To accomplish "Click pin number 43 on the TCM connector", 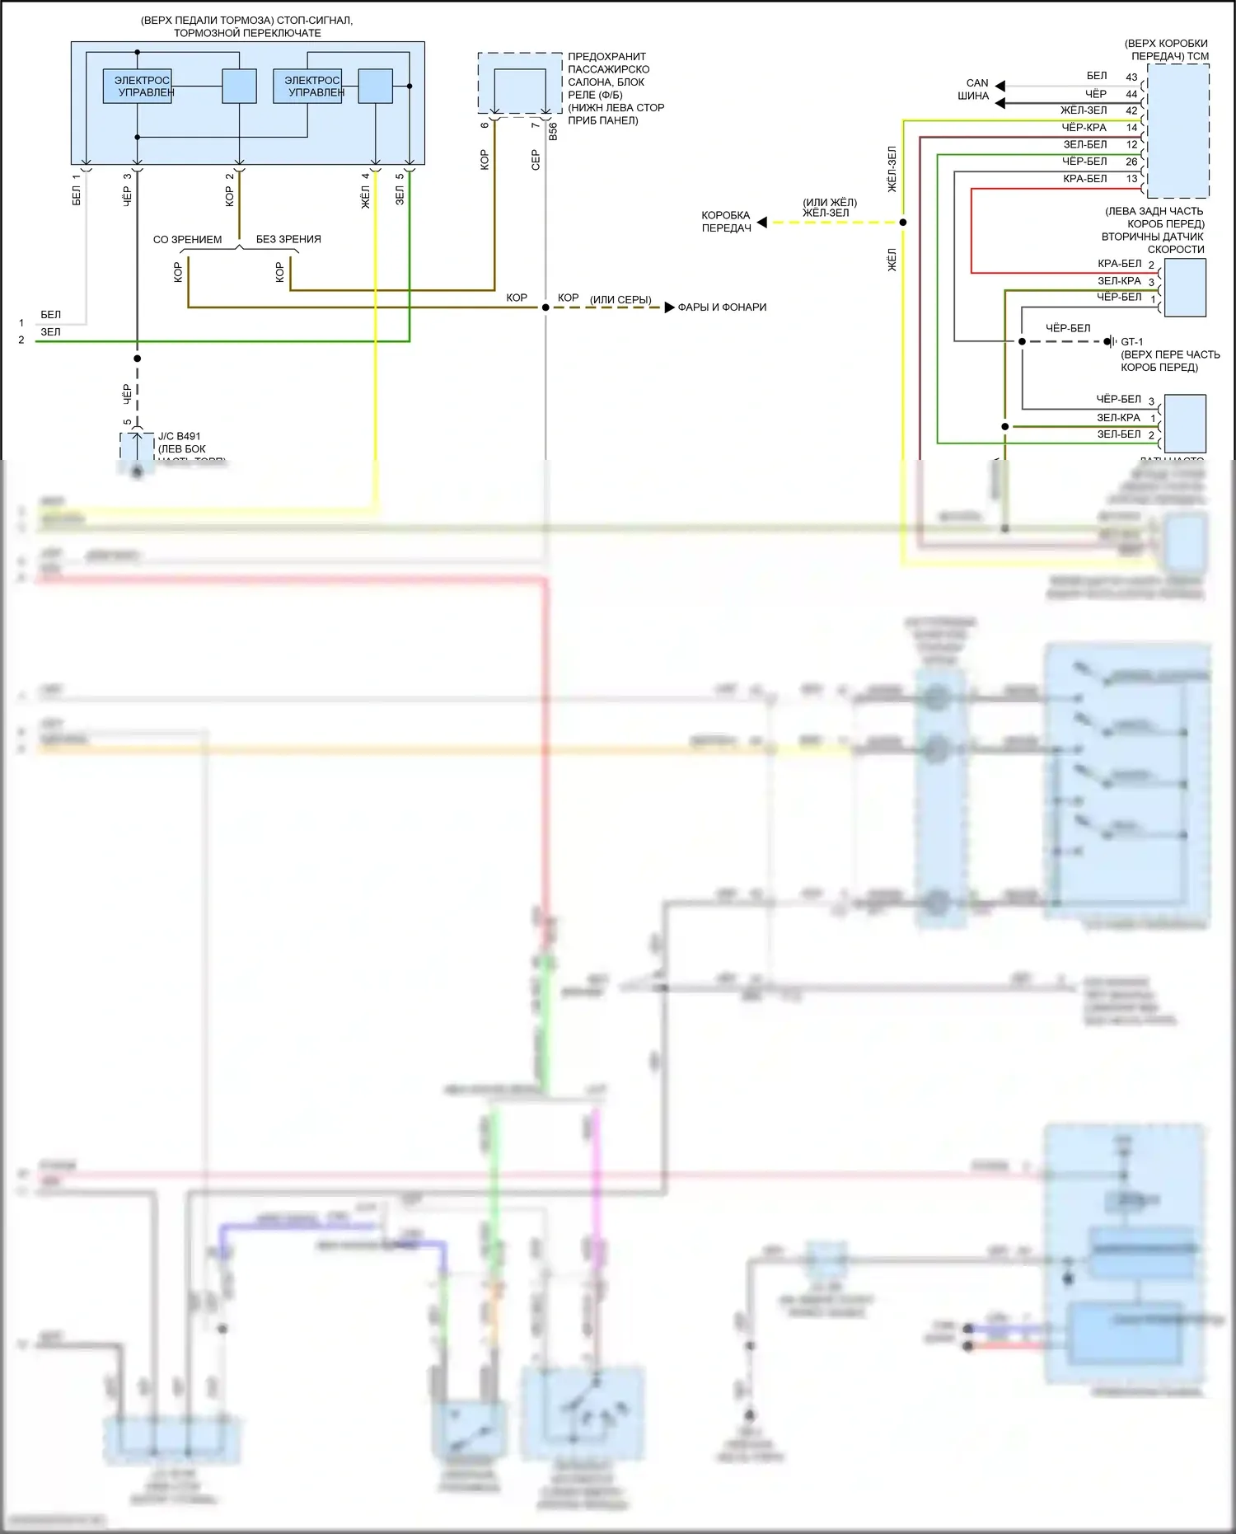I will pyautogui.click(x=1131, y=77).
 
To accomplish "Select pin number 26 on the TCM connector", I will pyautogui.click(x=1131, y=162).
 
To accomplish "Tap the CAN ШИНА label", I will pyautogui.click(x=976, y=89).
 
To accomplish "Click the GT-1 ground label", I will pyautogui.click(x=1131, y=341).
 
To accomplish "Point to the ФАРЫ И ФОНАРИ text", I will pyautogui.click(x=722, y=307).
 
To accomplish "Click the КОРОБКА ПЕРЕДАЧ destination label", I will pyautogui.click(x=726, y=222).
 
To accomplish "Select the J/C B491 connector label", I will pyautogui.click(x=179, y=436).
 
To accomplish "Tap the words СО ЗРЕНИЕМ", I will pyautogui.click(x=187, y=240).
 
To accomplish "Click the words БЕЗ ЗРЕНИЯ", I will pyautogui.click(x=288, y=239).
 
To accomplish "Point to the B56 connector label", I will pyautogui.click(x=553, y=132).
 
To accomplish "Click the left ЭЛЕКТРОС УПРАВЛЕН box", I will pyautogui.click(x=138, y=86).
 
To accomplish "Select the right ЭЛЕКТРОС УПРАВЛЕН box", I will pyautogui.click(x=308, y=86).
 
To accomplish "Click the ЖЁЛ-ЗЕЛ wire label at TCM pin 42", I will pyautogui.click(x=1084, y=110).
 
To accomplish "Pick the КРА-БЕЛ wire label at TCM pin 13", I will pyautogui.click(x=1084, y=179).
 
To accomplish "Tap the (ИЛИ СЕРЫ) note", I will pyautogui.click(x=620, y=299).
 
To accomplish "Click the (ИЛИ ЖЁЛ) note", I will pyautogui.click(x=830, y=202).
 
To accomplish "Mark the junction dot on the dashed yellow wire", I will pyautogui.click(x=903, y=223).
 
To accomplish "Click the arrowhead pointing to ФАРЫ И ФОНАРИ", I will pyautogui.click(x=669, y=307).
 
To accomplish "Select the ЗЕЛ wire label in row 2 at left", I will pyautogui.click(x=50, y=332).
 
